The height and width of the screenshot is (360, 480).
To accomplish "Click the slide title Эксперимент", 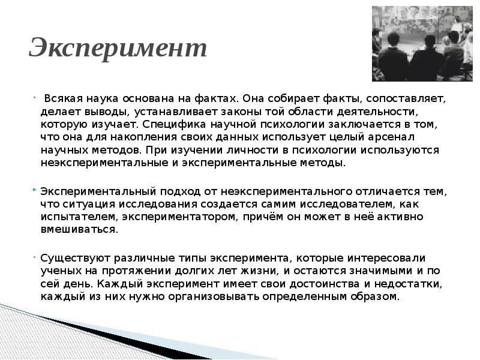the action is tap(118, 48).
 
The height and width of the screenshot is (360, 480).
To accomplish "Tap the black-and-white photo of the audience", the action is tap(422, 44).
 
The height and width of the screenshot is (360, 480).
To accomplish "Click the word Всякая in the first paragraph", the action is tap(64, 99).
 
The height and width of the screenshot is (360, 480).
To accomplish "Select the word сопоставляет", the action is tap(406, 99).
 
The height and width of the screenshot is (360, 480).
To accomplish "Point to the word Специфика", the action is tap(174, 125).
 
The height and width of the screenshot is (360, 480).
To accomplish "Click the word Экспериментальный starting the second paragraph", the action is tap(98, 191).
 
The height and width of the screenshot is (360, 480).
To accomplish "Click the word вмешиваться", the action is tap(79, 230).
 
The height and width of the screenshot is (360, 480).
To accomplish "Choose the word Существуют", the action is tap(76, 259).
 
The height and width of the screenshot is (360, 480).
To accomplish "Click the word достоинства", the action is tap(325, 284).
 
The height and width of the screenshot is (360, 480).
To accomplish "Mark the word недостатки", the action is tap(409, 284).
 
